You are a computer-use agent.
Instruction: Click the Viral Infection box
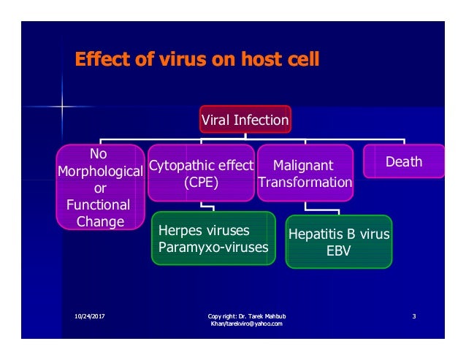[245, 118]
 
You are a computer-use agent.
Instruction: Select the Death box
[404, 161]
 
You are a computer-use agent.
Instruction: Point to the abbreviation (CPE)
[201, 182]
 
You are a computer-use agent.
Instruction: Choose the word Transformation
[305, 182]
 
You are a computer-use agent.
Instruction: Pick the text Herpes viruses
[194, 231]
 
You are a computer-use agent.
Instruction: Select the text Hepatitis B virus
[339, 235]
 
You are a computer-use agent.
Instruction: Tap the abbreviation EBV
[338, 251]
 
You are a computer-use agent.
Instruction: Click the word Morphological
[99, 171]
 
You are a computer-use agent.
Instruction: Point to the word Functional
[98, 204]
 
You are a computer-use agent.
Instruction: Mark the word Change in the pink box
[99, 221]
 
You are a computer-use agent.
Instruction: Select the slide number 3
[414, 315]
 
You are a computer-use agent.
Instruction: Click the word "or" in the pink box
[98, 188]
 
